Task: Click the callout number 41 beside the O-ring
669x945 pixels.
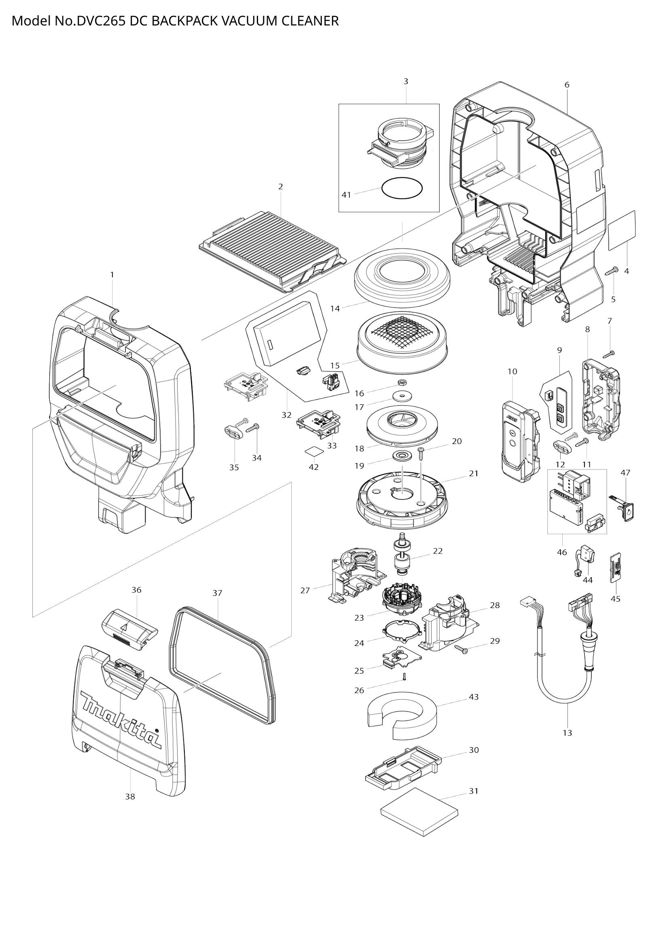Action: coord(347,195)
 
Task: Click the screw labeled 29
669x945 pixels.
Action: coord(461,650)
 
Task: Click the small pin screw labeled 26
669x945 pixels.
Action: coord(404,676)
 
